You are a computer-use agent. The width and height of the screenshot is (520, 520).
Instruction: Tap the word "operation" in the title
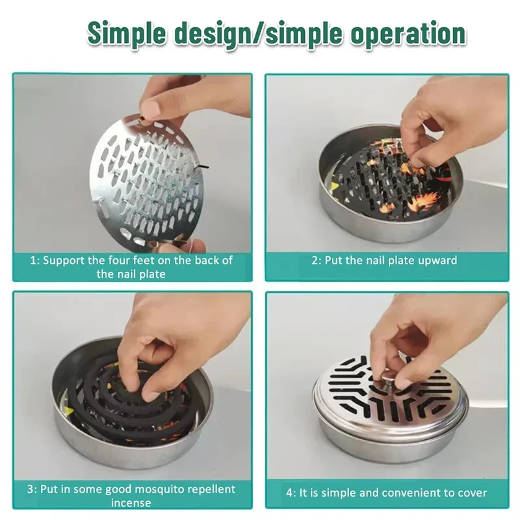click(408, 34)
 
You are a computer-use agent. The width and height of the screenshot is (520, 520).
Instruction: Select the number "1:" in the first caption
click(35, 261)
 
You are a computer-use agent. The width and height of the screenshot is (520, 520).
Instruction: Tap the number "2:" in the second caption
click(317, 261)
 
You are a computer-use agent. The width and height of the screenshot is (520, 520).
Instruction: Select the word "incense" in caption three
click(131, 502)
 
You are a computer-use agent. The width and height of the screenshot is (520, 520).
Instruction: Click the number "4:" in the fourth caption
click(291, 493)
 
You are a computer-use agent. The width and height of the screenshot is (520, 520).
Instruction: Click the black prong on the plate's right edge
click(202, 166)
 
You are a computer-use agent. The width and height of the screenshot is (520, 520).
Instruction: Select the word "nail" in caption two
click(376, 261)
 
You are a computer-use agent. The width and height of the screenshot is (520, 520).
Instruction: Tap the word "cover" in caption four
click(473, 493)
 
